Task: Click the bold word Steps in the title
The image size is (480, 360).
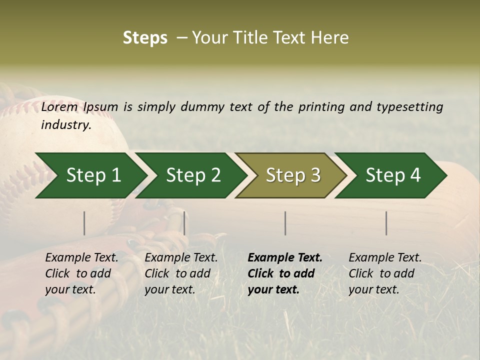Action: tap(145, 38)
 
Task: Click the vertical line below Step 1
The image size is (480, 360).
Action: tap(84, 223)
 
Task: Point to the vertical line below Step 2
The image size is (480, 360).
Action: tap(184, 223)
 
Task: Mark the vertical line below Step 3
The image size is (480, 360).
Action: tap(285, 223)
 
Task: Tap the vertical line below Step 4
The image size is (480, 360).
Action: tap(386, 223)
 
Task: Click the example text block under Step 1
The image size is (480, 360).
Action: tap(81, 273)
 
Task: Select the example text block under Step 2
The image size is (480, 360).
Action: tap(181, 273)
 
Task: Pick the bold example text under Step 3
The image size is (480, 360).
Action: tap(285, 273)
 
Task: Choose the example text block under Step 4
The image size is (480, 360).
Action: tap(385, 273)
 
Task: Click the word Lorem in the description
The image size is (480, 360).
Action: tap(59, 107)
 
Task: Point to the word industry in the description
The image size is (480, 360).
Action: tap(66, 125)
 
